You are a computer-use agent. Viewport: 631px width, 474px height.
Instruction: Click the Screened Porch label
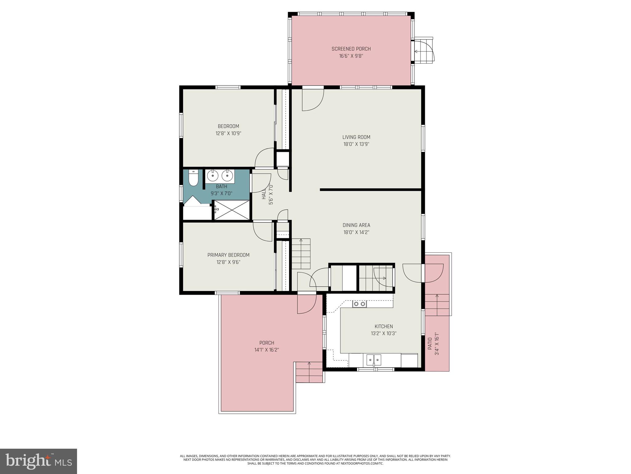coord(351,49)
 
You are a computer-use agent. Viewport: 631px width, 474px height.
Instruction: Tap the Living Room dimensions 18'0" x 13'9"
coord(356,144)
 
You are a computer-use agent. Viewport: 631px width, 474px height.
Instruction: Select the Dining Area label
coord(356,225)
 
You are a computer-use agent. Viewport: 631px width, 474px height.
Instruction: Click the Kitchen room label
coord(384,326)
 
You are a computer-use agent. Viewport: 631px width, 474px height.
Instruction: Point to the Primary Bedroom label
coord(228,255)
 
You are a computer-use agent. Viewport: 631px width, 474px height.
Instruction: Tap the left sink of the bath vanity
coord(213,176)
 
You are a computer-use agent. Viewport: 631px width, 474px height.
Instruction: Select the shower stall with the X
coord(232,210)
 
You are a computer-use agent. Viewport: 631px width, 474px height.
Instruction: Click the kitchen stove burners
coord(360,304)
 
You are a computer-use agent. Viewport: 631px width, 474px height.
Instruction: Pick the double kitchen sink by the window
coord(374,360)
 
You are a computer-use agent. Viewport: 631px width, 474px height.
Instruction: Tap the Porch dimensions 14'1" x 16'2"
coord(267,350)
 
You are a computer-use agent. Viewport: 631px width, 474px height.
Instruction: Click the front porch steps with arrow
coord(309,372)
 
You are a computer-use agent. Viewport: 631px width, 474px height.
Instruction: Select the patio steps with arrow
coord(437,305)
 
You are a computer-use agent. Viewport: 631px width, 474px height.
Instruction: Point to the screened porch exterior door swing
coord(424,51)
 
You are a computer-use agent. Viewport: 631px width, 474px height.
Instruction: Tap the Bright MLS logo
coord(39,461)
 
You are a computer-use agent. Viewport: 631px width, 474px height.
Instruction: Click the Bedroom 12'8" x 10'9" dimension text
coord(228,134)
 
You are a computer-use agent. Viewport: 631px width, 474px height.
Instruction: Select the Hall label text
coord(264,194)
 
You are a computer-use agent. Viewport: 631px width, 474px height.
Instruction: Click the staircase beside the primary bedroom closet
coord(301,254)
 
